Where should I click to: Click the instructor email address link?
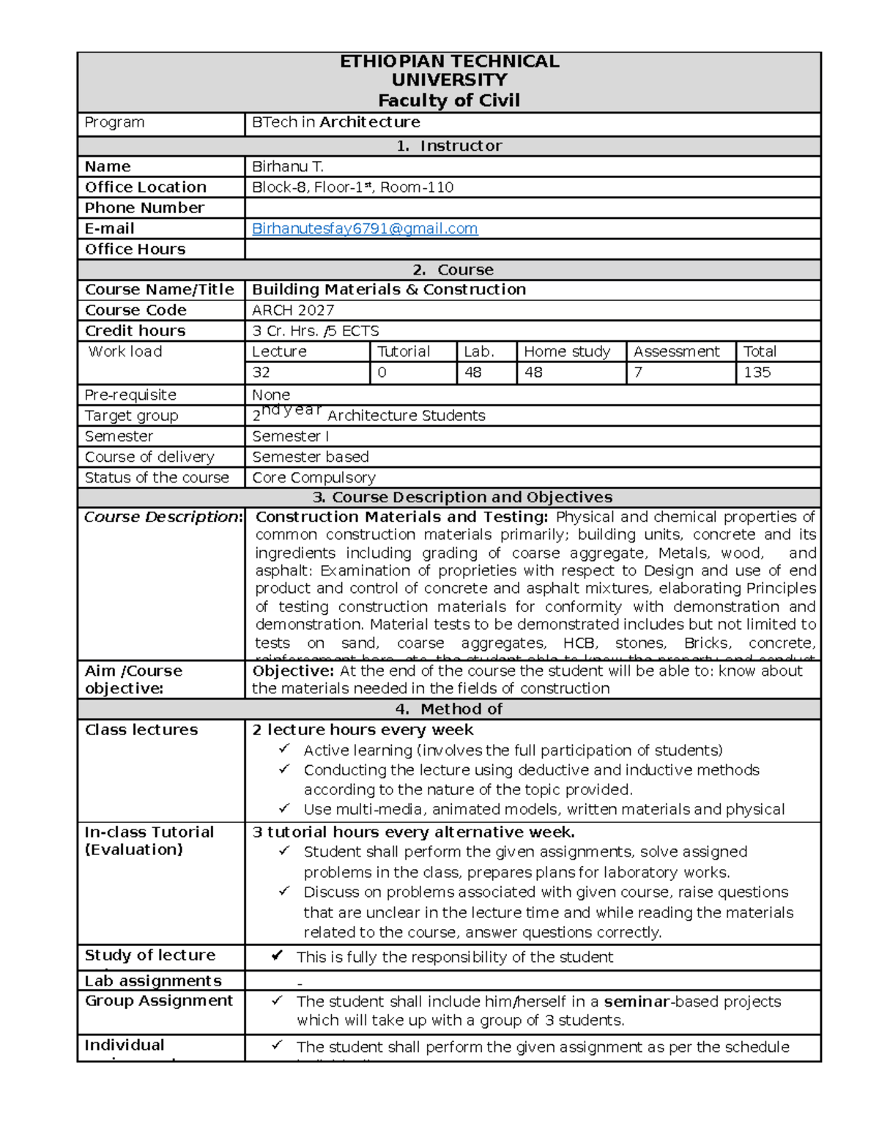click(x=365, y=228)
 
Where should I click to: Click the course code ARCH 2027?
click(x=293, y=310)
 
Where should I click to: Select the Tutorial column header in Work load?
click(x=403, y=351)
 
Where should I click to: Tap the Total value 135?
click(x=757, y=373)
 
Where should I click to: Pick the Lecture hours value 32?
click(x=262, y=373)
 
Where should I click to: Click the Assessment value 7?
click(x=638, y=373)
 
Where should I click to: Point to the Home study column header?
click(x=567, y=351)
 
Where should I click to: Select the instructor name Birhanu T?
click(x=288, y=167)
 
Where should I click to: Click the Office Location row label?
click(x=146, y=187)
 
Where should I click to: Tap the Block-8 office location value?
click(x=352, y=187)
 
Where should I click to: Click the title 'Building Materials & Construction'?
click(x=389, y=290)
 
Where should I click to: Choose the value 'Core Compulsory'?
click(x=314, y=478)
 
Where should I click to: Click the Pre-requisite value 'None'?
click(x=271, y=395)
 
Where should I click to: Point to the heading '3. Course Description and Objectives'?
click(x=462, y=498)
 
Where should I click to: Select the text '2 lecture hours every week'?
click(x=363, y=730)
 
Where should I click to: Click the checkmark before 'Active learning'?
click(x=284, y=749)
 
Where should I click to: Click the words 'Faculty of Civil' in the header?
click(x=448, y=100)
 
